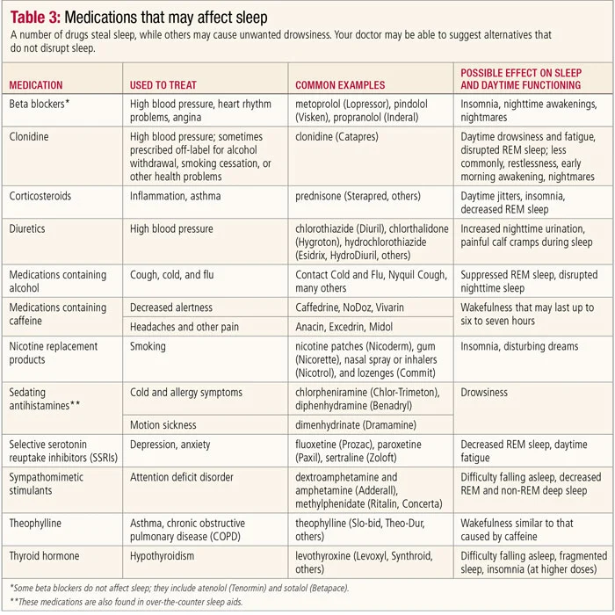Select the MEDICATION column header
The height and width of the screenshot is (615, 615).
coord(36,85)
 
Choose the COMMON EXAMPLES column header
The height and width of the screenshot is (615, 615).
coord(340,85)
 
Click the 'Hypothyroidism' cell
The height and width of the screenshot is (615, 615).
coord(167,555)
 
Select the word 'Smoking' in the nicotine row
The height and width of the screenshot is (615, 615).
coord(148,346)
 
